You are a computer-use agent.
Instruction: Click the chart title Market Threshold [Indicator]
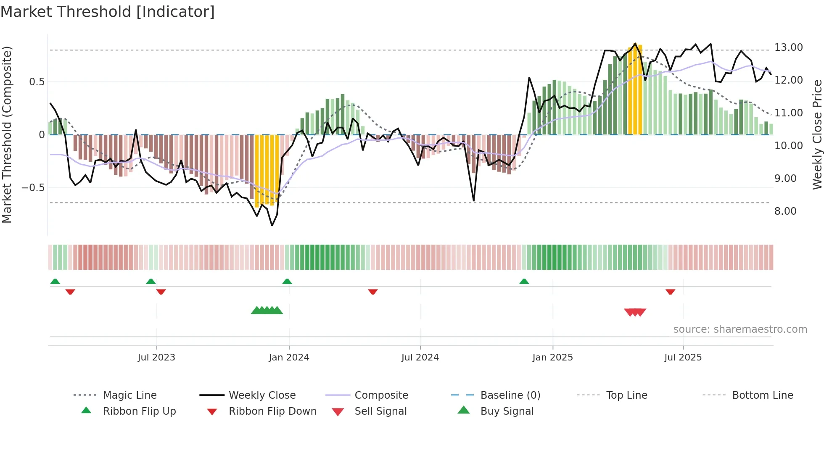pos(108,12)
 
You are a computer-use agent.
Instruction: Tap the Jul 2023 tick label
pos(156,358)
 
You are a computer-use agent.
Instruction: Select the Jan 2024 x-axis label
pos(289,358)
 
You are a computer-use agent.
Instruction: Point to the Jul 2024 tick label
pos(420,358)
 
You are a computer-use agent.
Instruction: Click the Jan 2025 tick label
pos(552,358)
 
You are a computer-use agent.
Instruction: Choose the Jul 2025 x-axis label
pos(683,358)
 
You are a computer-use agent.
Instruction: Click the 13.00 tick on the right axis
pos(789,47)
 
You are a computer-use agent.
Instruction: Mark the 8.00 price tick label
pos(785,211)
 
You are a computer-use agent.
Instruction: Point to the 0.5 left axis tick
pos(37,82)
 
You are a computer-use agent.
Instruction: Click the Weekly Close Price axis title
pos(817,134)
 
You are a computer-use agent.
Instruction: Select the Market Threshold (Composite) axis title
pos(7,134)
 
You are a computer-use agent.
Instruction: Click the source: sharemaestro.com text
pos(740,329)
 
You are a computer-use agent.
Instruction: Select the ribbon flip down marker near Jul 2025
pos(670,292)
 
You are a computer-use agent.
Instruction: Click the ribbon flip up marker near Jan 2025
pos(524,281)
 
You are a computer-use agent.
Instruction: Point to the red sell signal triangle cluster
pos(635,312)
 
